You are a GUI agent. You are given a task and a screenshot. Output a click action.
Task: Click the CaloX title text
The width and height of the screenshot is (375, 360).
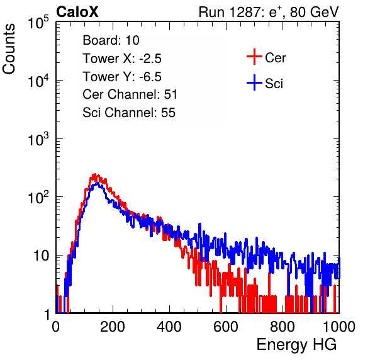pyautogui.click(x=77, y=12)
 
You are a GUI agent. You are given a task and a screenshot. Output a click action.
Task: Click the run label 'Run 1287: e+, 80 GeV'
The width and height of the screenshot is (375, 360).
pyautogui.click(x=269, y=12)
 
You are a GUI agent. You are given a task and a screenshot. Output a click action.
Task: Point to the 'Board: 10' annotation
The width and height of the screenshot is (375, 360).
pyautogui.click(x=111, y=40)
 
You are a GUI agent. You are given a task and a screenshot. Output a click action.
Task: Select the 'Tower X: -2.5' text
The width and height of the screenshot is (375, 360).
pyautogui.click(x=122, y=59)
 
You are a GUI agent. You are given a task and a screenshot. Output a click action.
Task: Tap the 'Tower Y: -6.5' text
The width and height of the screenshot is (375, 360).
pyautogui.click(x=122, y=77)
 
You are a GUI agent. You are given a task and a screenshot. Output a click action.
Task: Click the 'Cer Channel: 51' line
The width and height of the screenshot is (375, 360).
pyautogui.click(x=130, y=94)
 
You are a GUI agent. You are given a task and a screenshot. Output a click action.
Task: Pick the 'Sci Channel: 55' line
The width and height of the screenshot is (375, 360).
pyautogui.click(x=129, y=113)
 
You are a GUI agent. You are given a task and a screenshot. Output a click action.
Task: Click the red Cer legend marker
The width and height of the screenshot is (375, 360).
pyautogui.click(x=254, y=57)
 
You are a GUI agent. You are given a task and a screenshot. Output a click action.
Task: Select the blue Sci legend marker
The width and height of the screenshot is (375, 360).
pyautogui.click(x=254, y=82)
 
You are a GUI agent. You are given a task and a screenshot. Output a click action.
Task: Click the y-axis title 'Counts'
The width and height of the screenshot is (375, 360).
pyautogui.click(x=9, y=49)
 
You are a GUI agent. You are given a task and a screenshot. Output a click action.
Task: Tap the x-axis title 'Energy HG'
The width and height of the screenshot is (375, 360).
pyautogui.click(x=296, y=345)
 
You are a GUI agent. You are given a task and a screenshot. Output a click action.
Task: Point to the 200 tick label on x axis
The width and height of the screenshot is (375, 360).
pyautogui.click(x=113, y=327)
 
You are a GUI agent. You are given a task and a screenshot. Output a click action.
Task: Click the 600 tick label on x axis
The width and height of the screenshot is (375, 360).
pyautogui.click(x=226, y=327)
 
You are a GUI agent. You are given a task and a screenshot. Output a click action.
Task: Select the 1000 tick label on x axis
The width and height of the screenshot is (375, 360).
pyautogui.click(x=339, y=327)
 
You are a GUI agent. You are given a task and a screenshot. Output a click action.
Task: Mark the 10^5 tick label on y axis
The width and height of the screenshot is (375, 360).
pyautogui.click(x=38, y=22)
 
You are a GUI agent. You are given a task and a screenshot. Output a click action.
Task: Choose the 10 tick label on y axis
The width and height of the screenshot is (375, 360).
pyautogui.click(x=42, y=256)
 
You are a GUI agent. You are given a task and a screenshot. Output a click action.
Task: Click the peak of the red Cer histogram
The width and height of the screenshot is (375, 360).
pyautogui.click(x=95, y=174)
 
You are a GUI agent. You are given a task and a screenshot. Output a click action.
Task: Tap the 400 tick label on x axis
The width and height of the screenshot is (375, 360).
pyautogui.click(x=169, y=327)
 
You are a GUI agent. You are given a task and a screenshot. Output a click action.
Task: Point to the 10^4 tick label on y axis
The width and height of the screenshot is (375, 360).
pyautogui.click(x=38, y=81)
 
